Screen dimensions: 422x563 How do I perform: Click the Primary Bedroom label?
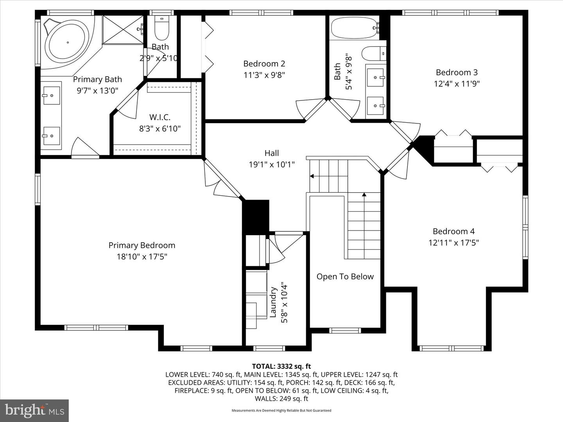tap(142, 245)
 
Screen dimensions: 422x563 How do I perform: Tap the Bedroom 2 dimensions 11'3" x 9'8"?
tap(264, 75)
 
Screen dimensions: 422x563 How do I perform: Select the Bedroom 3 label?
tap(456, 72)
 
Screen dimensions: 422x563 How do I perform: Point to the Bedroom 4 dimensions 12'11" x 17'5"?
tap(454, 243)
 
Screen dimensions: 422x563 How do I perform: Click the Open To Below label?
tap(345, 277)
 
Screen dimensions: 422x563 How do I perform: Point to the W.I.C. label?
tap(160, 117)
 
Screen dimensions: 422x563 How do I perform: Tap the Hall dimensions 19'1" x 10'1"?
tap(271, 165)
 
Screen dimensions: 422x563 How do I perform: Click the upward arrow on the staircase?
tap(364, 194)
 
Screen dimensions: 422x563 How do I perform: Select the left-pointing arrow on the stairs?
tap(312, 176)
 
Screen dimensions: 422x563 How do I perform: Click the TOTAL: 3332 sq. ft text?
tap(281, 366)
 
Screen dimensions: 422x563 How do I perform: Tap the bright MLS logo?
tap(34, 410)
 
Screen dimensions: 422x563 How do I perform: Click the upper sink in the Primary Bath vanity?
tap(51, 95)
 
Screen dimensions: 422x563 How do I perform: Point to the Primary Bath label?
tap(97, 79)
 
